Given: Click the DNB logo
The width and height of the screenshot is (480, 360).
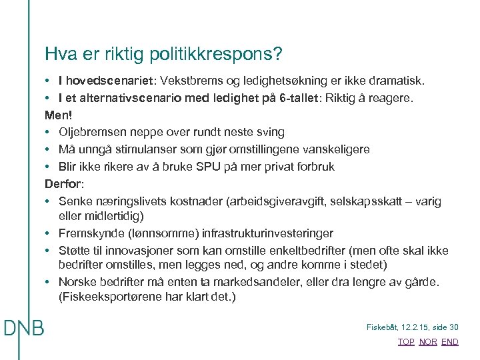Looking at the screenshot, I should click(23, 327).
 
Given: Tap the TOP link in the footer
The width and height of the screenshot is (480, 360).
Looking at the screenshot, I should click(405, 342).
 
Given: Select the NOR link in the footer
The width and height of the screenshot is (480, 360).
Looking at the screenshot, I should click(428, 342).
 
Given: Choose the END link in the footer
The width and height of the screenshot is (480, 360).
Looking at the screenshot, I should click(450, 342).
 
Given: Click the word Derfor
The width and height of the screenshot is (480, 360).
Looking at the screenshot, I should click(60, 184).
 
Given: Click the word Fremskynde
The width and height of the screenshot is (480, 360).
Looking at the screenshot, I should click(87, 234).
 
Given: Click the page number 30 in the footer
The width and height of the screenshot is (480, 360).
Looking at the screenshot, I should click(454, 327).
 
